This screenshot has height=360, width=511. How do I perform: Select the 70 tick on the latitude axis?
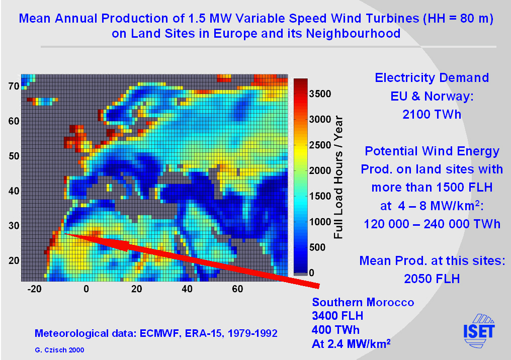[x=14, y=86]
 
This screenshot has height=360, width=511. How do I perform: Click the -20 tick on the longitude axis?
[x=34, y=289]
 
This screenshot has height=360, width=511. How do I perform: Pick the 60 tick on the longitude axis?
[x=238, y=289]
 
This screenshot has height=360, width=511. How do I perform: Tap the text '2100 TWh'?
[x=432, y=114]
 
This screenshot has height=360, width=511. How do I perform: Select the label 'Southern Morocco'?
[x=363, y=303]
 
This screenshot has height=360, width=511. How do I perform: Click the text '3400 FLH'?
[x=337, y=316]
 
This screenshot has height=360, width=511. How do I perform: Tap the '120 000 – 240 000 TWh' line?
[x=432, y=224]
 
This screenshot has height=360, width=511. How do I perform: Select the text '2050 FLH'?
[x=432, y=279]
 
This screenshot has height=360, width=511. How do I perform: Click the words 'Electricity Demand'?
[x=432, y=78]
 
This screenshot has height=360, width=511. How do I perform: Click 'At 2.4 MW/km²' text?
[x=352, y=344]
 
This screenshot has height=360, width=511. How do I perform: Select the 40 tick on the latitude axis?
[x=14, y=191]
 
